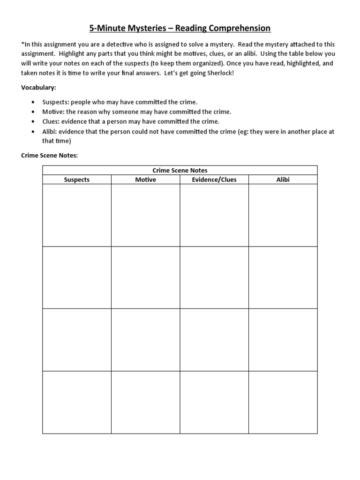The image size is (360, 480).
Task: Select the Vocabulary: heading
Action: point(38,88)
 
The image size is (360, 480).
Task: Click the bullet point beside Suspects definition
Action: point(32,102)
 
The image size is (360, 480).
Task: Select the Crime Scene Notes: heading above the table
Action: point(49,156)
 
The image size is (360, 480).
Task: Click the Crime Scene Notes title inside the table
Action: point(180,170)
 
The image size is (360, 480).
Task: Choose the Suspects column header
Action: point(76,180)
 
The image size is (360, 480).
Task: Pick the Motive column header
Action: point(145,180)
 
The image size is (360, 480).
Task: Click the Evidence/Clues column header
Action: point(214,180)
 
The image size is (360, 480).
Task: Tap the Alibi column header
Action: point(283,180)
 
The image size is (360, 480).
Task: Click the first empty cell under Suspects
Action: point(76,215)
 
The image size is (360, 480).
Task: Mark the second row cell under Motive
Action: point(145,277)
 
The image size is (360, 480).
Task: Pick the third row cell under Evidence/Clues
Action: point(214,340)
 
